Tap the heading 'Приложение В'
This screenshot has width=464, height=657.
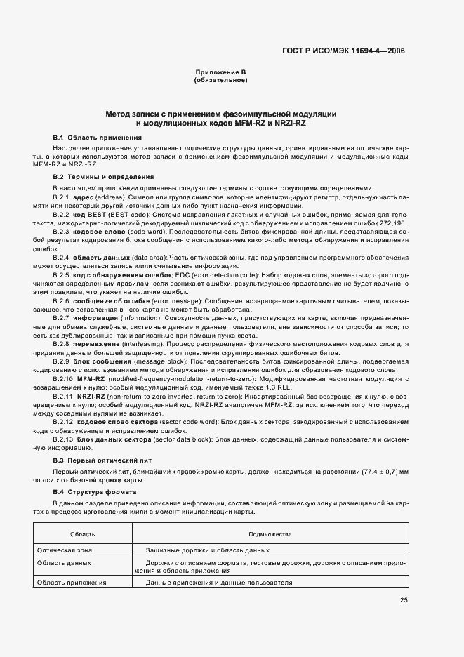[x=220, y=73]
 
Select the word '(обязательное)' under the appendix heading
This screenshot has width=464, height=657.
[x=220, y=81]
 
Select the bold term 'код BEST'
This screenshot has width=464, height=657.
[x=87, y=214]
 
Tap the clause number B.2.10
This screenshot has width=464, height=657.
[x=63, y=378]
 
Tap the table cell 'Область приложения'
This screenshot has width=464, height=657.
[x=71, y=583]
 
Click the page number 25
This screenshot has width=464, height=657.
[x=404, y=600]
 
